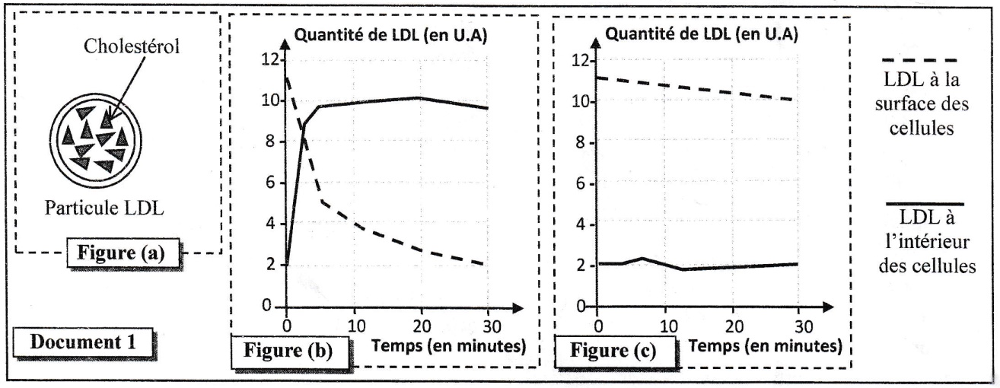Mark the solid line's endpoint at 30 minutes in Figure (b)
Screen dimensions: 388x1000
coord(487,108)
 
